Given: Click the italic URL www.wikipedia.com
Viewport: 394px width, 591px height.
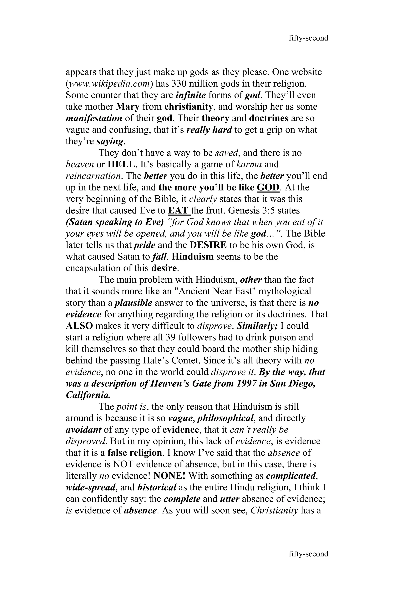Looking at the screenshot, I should click(109, 84).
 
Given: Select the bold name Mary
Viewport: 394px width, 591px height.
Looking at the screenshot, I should click(128, 107).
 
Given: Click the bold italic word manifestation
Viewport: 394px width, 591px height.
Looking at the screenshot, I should click(94, 118).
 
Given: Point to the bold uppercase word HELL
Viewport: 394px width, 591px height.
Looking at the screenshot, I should click(121, 165).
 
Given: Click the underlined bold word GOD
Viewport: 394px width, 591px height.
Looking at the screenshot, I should click(268, 188).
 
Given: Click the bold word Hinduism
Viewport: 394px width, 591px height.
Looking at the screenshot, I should click(193, 257).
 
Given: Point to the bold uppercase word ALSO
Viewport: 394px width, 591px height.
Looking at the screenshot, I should click(79, 326).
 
